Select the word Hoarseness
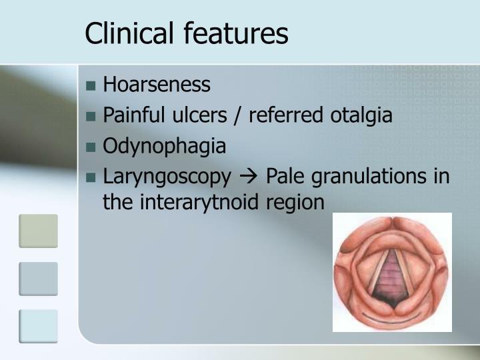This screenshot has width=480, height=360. [x=157, y=85]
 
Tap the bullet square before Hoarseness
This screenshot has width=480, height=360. [x=91, y=86]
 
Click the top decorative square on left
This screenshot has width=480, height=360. [x=38, y=231]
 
